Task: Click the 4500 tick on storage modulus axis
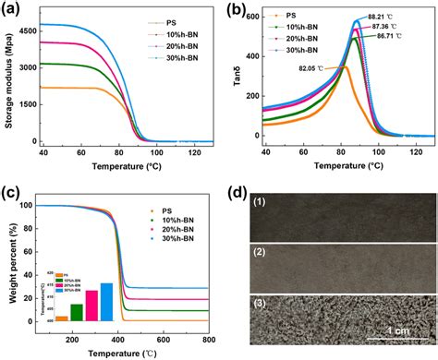[x=23, y=30]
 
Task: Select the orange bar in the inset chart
[x=61, y=318]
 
